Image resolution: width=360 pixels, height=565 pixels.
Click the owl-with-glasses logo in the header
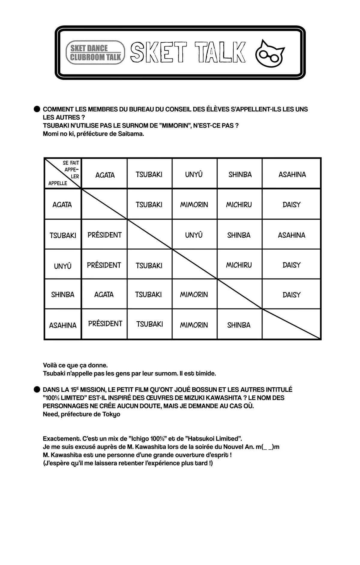pyautogui.click(x=270, y=53)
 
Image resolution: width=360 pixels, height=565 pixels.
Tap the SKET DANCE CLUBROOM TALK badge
pyautogui.click(x=95, y=53)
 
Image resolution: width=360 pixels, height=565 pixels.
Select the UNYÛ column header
pyautogui.click(x=194, y=174)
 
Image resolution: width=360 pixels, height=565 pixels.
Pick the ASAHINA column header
pyautogui.click(x=292, y=174)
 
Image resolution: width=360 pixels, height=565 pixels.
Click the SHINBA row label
pyautogui.click(x=63, y=294)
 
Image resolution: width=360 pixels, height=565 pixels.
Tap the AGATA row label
pyautogui.click(x=62, y=205)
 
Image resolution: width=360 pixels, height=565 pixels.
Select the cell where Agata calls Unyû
pyautogui.click(x=194, y=205)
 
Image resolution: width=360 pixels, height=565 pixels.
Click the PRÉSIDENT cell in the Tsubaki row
pyautogui.click(x=104, y=235)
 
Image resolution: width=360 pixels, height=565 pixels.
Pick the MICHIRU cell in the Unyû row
pyautogui.click(x=239, y=265)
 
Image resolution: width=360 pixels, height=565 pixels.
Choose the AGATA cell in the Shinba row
pyautogui.click(x=104, y=294)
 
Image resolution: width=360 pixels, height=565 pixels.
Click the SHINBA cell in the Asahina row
pyautogui.click(x=239, y=325)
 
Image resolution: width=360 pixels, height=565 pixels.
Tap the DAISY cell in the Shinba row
pyautogui.click(x=291, y=295)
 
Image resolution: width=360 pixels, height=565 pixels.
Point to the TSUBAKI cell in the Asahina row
pyautogui.click(x=149, y=324)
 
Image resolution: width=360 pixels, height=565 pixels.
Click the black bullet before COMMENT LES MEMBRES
pyautogui.click(x=37, y=109)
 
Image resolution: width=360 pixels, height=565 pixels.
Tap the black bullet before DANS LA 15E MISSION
pyautogui.click(x=37, y=389)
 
